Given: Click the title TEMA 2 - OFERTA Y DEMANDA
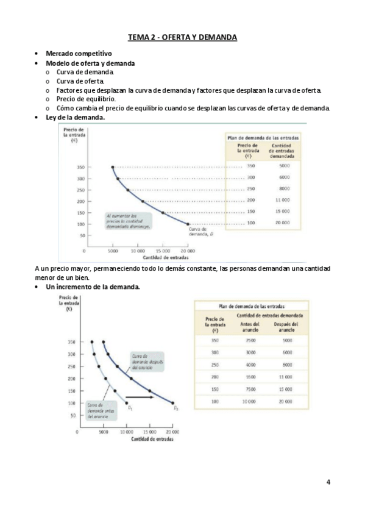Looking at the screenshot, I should [182, 38].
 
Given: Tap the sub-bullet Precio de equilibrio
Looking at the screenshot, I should [86, 98].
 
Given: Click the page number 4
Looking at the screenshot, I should [328, 482].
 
